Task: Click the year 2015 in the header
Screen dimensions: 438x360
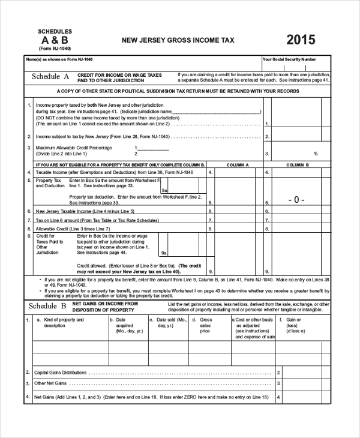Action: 301,40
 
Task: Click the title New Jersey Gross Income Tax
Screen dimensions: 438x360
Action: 178,40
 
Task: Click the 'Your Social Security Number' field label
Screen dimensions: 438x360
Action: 289,59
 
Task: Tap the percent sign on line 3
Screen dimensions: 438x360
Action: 315,154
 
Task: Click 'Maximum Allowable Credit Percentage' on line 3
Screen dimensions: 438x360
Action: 74,148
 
